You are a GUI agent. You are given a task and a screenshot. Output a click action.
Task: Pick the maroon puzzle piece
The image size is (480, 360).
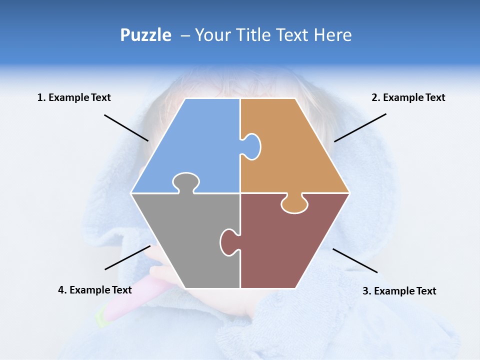(290, 245)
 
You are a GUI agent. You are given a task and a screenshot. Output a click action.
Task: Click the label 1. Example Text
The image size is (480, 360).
(74, 97)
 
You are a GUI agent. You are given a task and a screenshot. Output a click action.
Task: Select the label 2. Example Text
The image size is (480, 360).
(408, 97)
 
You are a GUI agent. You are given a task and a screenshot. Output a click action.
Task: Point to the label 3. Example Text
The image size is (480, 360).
(399, 291)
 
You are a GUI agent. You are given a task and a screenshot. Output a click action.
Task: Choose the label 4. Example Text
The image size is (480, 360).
(94, 290)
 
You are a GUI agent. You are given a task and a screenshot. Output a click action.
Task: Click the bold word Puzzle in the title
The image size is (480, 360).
(145, 35)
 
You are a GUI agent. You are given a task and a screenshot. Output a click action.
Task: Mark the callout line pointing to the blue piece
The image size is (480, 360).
(126, 127)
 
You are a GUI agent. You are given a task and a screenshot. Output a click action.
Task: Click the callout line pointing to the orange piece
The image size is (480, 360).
(360, 127)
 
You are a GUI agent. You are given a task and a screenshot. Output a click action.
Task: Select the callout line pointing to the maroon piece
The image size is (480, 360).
(355, 260)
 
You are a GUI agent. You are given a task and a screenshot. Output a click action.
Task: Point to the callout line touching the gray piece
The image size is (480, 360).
(127, 257)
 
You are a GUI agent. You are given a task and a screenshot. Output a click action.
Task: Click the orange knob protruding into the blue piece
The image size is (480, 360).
(252, 146)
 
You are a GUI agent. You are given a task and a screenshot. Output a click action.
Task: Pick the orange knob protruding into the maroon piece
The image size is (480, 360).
(294, 204)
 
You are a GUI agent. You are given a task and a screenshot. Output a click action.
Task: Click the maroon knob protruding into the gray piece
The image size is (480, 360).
(228, 241)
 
